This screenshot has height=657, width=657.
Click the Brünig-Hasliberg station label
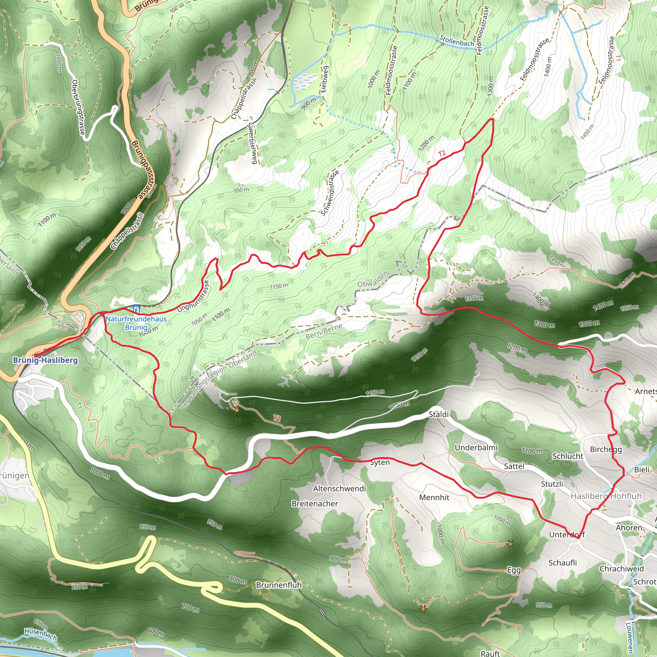click(x=45, y=360)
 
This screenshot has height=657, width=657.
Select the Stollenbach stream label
click(x=457, y=41)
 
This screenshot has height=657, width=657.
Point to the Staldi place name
click(x=438, y=414)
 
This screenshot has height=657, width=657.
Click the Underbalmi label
click(x=476, y=448)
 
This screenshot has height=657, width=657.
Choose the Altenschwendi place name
click(x=339, y=489)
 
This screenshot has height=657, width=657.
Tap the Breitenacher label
click(x=315, y=504)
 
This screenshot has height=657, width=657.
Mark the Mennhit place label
click(x=434, y=498)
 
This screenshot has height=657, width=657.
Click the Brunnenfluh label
click(x=278, y=585)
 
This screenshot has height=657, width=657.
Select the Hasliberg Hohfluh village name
click(x=606, y=496)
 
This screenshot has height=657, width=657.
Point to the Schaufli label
click(x=562, y=563)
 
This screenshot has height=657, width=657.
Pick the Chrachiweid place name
click(x=622, y=569)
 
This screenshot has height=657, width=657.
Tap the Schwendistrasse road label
click(x=330, y=193)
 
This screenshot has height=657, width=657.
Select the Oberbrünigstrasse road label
click(x=78, y=107)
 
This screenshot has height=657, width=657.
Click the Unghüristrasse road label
click(x=193, y=296)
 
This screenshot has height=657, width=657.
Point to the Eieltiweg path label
click(x=324, y=80)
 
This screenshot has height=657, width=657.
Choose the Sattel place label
click(x=514, y=466)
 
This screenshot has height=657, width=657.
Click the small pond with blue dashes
click(x=301, y=82)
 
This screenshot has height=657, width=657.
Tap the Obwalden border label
click(x=373, y=279)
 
